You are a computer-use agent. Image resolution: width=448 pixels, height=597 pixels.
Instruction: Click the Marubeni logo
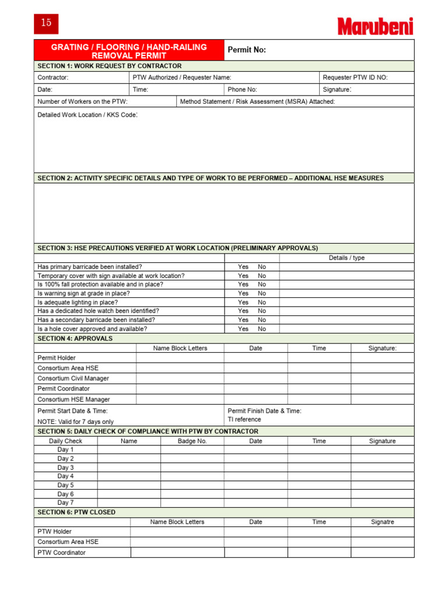(375, 26)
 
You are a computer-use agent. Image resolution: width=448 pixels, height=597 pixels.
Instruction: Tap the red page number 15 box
(46, 23)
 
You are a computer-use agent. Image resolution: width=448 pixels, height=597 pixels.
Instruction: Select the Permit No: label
(247, 50)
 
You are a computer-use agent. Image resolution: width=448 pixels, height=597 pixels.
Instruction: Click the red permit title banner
(129, 51)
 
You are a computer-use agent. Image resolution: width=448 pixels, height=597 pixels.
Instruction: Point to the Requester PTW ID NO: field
(355, 78)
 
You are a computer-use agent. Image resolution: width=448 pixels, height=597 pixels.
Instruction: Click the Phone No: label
(242, 90)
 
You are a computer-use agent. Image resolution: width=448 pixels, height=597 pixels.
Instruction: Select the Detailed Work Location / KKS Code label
(87, 115)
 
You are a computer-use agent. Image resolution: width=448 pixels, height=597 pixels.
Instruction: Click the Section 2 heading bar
(224, 178)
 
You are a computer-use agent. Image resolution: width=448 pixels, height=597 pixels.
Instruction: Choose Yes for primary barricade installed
(243, 267)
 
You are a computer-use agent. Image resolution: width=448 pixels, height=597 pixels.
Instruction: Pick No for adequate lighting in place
(262, 303)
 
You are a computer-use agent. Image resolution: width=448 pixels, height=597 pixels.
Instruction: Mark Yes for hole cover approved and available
(243, 329)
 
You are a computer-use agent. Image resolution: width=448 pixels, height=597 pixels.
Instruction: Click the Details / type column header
(346, 258)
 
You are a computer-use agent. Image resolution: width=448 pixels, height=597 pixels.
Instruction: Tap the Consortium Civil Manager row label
(73, 378)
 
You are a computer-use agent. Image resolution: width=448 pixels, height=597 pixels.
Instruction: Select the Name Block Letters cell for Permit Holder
(180, 358)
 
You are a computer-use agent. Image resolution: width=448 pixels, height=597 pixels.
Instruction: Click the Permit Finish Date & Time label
(264, 411)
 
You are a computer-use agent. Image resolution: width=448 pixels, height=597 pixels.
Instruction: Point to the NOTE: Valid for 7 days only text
(76, 422)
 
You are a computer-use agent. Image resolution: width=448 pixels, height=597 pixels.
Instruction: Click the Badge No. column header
(192, 441)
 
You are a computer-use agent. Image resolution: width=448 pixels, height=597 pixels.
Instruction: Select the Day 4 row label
(65, 476)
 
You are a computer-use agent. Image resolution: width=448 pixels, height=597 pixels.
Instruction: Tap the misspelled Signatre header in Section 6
(382, 522)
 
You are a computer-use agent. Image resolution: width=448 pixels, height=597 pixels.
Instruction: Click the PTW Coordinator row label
(61, 552)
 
